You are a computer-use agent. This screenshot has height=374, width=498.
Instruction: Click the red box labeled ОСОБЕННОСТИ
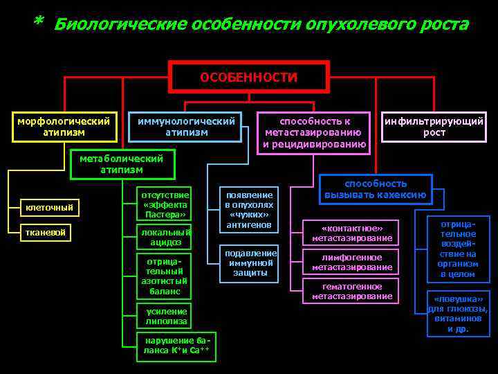[249, 77]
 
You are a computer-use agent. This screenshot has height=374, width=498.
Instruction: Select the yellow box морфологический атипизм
[64, 126]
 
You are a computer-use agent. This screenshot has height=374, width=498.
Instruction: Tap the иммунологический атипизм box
[186, 126]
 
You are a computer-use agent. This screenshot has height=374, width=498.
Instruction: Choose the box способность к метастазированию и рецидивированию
[314, 132]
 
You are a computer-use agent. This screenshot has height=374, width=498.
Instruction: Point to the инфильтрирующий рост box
[434, 126]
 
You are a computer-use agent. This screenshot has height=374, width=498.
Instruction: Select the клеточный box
[49, 208]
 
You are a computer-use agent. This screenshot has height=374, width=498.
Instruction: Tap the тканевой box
[48, 233]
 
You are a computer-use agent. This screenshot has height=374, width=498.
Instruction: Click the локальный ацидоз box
[165, 238]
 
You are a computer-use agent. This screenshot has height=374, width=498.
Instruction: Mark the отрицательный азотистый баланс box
[165, 276]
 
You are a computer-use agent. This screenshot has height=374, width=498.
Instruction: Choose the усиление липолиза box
[166, 316]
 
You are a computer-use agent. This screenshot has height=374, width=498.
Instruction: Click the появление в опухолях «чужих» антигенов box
[249, 208]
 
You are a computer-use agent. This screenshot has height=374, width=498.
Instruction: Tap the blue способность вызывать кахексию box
[376, 189]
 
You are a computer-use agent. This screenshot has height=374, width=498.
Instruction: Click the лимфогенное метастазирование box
[351, 262]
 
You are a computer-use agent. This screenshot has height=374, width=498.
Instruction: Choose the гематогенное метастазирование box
[351, 292]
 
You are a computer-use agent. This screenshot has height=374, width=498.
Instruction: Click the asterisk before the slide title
[38, 22]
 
